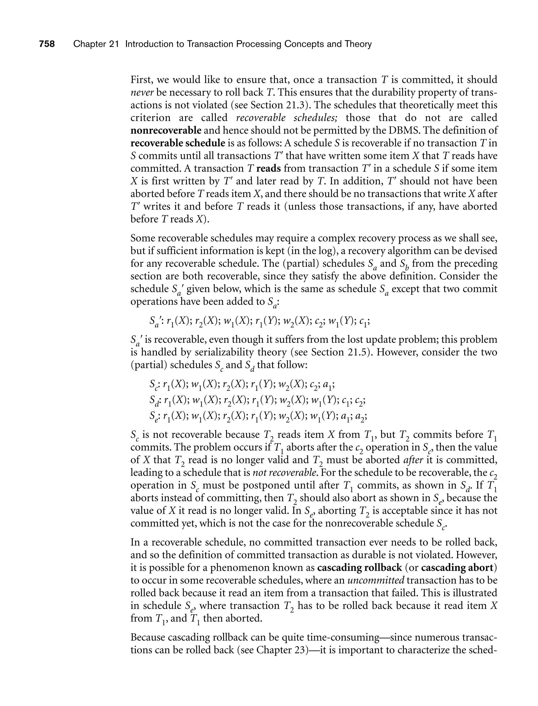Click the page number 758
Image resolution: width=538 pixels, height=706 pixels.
coord(47,44)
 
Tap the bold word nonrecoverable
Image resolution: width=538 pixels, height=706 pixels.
coord(166,130)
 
